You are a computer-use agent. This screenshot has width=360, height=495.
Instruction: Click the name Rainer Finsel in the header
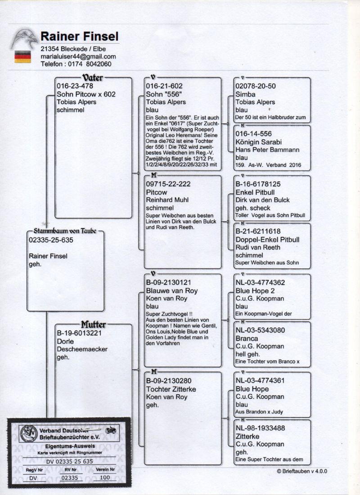(x=80, y=36)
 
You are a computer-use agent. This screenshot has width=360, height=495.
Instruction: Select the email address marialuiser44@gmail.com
(x=78, y=57)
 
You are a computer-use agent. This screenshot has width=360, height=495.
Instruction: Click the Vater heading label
(x=93, y=78)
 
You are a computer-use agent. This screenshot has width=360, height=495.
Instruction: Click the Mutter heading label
(x=94, y=324)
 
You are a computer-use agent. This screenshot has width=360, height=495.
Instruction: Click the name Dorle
(x=65, y=341)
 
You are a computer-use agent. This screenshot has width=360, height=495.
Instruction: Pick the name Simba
(x=245, y=94)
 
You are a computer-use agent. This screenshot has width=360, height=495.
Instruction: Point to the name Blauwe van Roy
(x=172, y=290)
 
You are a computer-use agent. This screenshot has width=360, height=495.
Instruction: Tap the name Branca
(x=247, y=338)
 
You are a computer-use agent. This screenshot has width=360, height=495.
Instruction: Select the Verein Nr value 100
(x=105, y=478)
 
